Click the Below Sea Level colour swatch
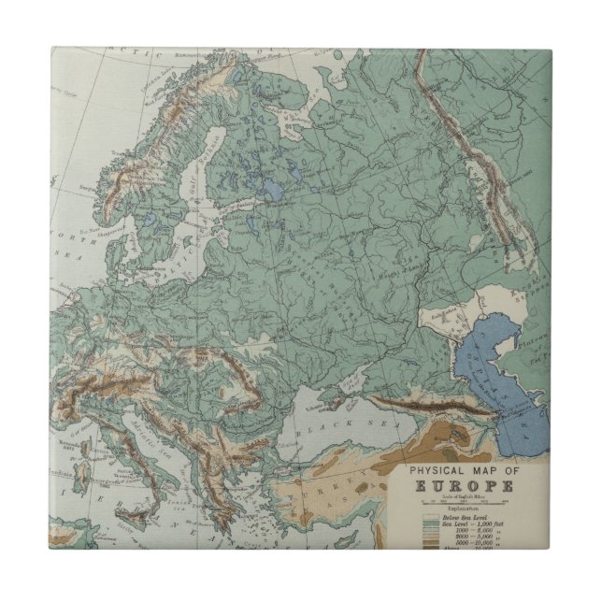(432, 516)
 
